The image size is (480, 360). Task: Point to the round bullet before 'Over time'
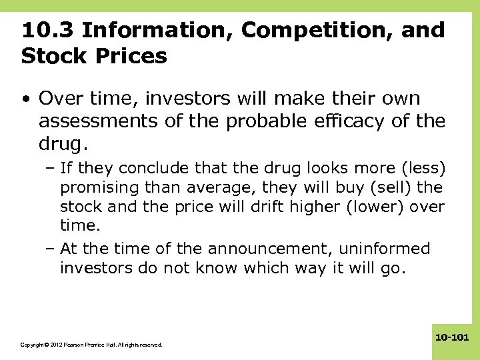tap(25, 100)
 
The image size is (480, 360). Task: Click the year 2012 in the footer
tap(53, 345)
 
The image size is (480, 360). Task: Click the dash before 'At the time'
tap(51, 249)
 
